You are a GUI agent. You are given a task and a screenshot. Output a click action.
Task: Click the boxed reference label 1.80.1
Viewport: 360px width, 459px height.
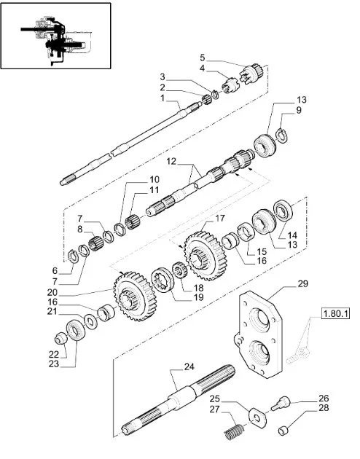(x=336, y=314)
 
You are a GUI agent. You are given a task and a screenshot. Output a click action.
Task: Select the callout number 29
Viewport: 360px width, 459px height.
(x=302, y=283)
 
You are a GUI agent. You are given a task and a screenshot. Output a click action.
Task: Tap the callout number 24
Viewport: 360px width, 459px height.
(x=189, y=366)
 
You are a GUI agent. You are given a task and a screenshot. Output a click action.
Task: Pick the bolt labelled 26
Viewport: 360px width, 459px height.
(x=280, y=402)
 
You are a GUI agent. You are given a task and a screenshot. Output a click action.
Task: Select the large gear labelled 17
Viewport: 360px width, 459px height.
(x=204, y=255)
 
